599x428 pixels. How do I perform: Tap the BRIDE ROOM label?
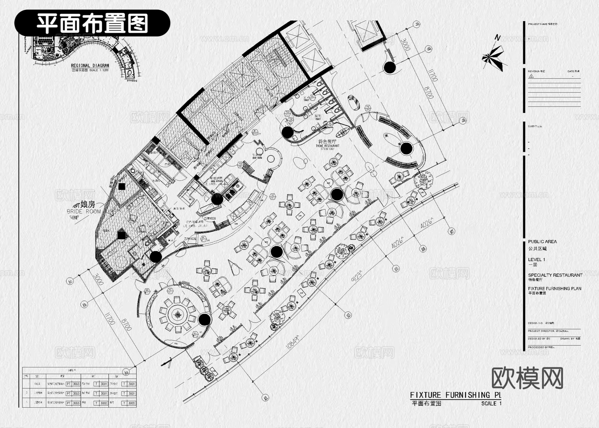84,211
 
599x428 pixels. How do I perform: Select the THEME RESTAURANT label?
328,146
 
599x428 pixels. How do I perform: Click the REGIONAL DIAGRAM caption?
90,66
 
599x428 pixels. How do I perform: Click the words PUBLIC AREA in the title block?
542,241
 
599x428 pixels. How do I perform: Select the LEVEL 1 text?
536,259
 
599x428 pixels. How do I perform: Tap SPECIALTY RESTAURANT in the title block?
555,275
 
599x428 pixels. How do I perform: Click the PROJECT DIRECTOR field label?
541,331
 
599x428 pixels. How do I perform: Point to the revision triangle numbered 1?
531,76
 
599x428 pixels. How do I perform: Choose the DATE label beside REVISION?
571,71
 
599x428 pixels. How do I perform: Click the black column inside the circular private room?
205,319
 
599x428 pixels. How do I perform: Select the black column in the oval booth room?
406,149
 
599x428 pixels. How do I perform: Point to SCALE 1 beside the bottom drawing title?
491,403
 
